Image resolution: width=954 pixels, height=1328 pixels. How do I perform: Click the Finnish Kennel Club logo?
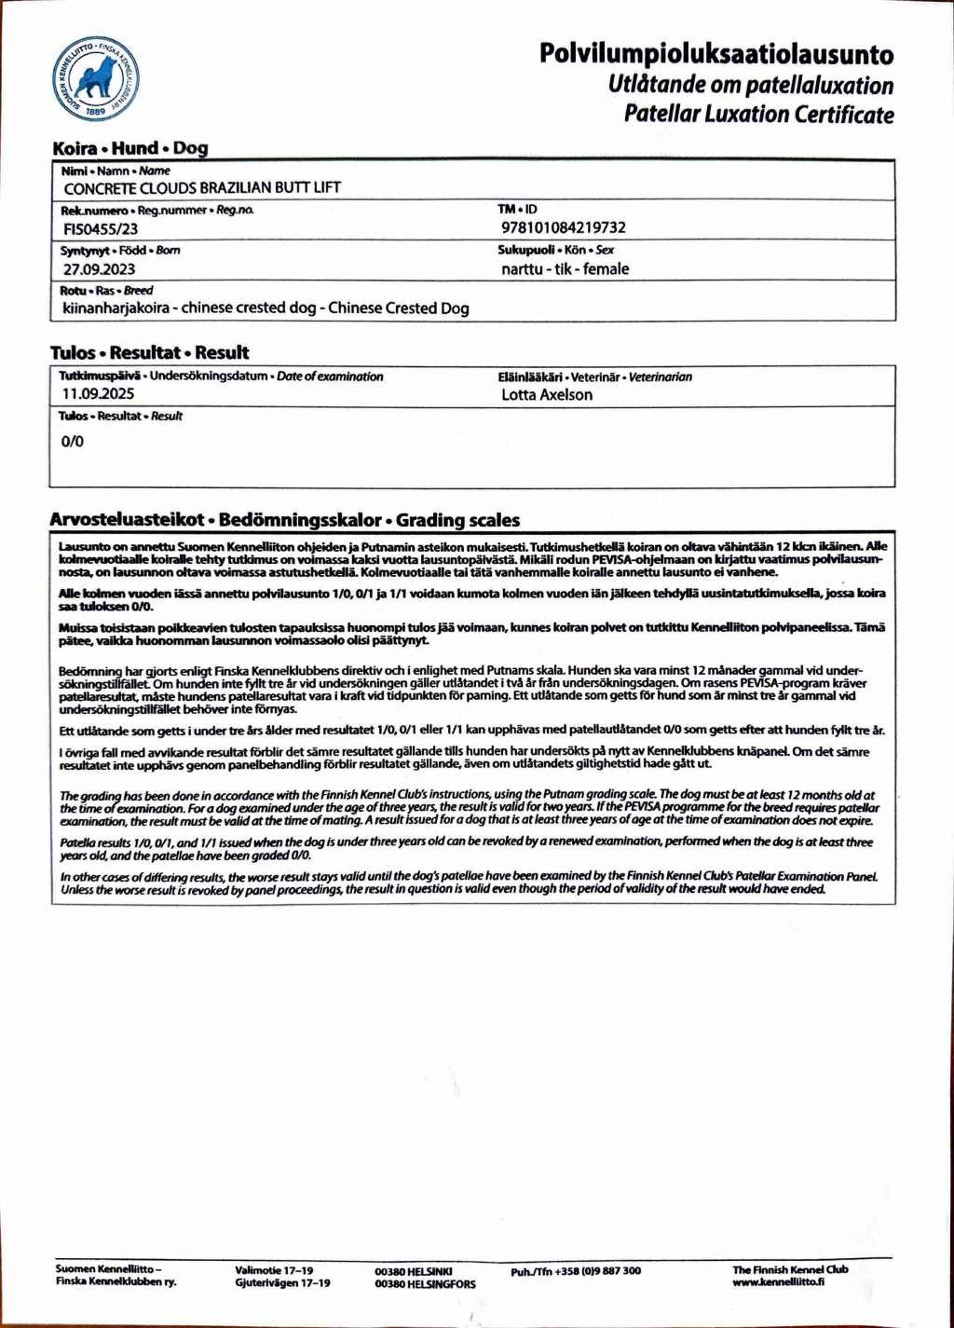pyautogui.click(x=95, y=79)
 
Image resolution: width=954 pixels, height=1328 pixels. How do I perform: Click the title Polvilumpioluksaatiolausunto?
pyautogui.click(x=715, y=54)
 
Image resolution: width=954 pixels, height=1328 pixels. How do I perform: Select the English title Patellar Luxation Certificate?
pyautogui.click(x=758, y=115)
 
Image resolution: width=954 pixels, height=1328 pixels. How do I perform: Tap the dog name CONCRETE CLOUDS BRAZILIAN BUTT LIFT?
pyautogui.click(x=202, y=187)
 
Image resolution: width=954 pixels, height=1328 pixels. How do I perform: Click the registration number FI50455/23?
pyautogui.click(x=101, y=228)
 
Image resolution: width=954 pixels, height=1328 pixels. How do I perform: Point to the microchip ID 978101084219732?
pyautogui.click(x=563, y=227)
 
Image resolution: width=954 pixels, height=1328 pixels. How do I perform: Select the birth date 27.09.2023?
pyautogui.click(x=99, y=269)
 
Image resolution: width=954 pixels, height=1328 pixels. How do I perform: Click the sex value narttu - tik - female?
pyautogui.click(x=565, y=268)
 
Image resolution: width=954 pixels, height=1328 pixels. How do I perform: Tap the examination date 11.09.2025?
pyautogui.click(x=98, y=393)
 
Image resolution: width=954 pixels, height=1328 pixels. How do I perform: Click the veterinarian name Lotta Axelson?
pyautogui.click(x=546, y=394)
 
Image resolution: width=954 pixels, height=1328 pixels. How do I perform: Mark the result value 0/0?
pyautogui.click(x=72, y=441)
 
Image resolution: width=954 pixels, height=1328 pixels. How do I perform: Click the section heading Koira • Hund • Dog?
pyautogui.click(x=130, y=147)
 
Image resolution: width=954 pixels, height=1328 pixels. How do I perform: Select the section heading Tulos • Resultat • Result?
pyautogui.click(x=149, y=352)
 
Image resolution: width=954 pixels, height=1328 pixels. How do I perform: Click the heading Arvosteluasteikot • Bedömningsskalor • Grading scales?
pyautogui.click(x=285, y=520)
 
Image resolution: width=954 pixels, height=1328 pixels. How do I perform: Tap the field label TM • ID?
pyautogui.click(x=517, y=210)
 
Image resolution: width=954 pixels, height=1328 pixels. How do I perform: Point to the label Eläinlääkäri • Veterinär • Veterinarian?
pyautogui.click(x=594, y=376)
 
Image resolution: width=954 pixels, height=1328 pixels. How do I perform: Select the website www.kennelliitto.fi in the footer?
pyautogui.click(x=778, y=1281)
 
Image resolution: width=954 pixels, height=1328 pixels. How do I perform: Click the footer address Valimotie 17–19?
pyautogui.click(x=274, y=1270)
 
